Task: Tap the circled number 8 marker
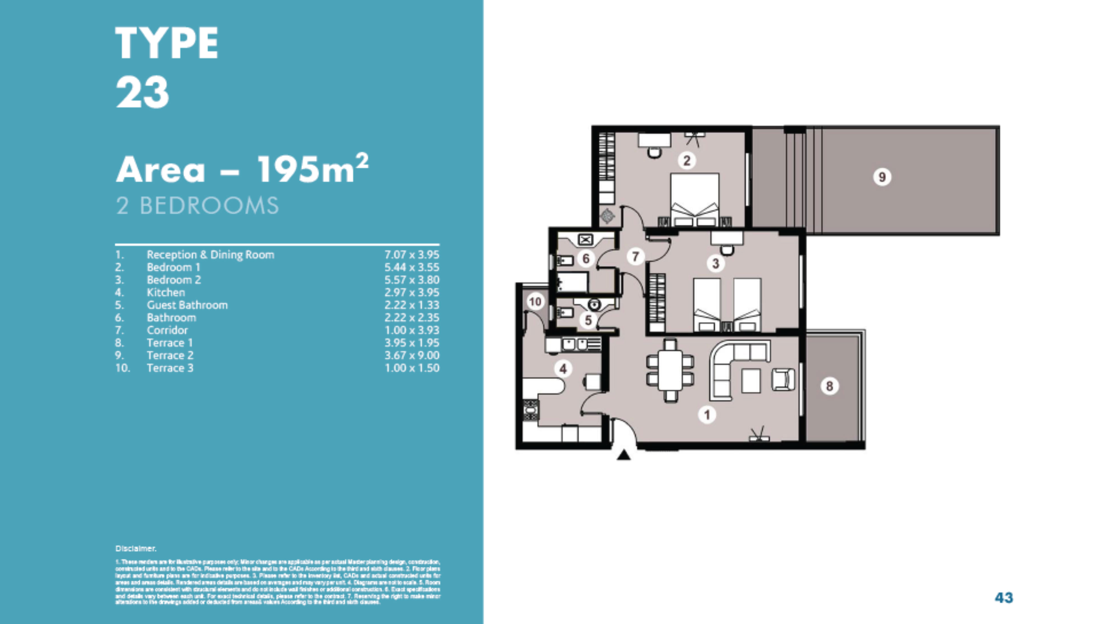point(829,386)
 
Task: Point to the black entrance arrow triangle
point(623,455)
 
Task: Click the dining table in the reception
point(670,370)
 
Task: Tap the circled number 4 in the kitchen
point(563,369)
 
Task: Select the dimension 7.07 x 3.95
point(411,255)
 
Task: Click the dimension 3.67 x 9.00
point(411,356)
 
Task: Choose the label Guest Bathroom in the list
point(187,305)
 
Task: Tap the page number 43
point(1004,597)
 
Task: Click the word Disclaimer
point(136,548)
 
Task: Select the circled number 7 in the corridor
point(635,257)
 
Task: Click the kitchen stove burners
point(530,410)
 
